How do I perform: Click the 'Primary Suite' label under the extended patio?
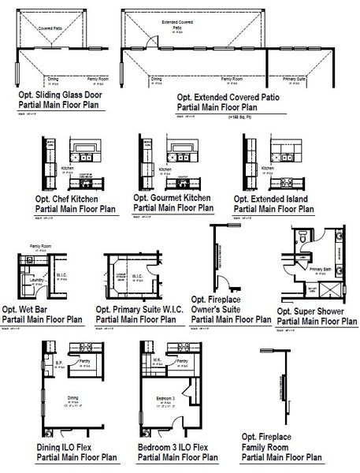coord(293,80)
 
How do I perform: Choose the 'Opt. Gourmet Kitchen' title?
coord(172,199)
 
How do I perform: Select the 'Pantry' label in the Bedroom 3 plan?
coord(182,359)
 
